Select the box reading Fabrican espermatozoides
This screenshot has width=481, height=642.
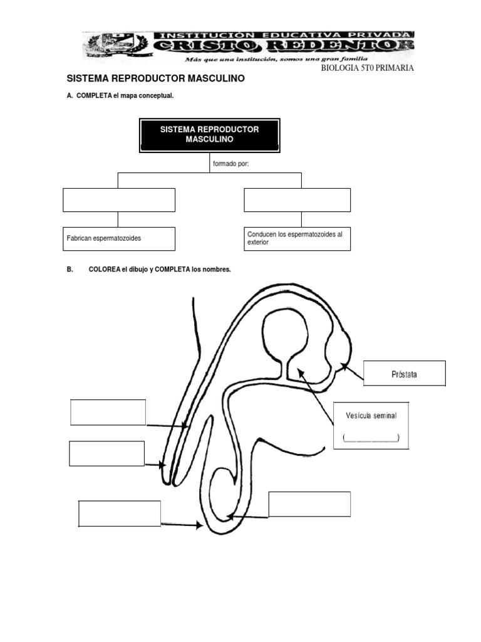pyautogui.click(x=118, y=239)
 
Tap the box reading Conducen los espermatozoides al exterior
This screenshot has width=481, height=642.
pyautogui.click(x=297, y=238)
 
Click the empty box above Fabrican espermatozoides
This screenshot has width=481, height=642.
pyautogui.click(x=118, y=200)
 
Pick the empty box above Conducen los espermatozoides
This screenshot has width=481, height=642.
pyautogui.click(x=297, y=200)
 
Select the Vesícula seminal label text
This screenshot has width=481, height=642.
pyautogui.click(x=371, y=416)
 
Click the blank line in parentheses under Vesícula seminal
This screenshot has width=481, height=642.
pyautogui.click(x=371, y=437)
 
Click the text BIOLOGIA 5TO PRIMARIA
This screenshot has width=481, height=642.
pyautogui.click(x=367, y=68)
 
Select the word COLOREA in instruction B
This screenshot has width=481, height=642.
pyautogui.click(x=105, y=269)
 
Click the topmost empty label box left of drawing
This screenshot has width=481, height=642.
pyautogui.click(x=108, y=413)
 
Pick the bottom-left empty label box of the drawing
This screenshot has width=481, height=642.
pyautogui.click(x=119, y=513)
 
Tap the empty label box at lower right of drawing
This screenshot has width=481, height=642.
pyautogui.click(x=309, y=504)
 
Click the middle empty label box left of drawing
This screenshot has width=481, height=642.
pyautogui.click(x=106, y=453)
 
